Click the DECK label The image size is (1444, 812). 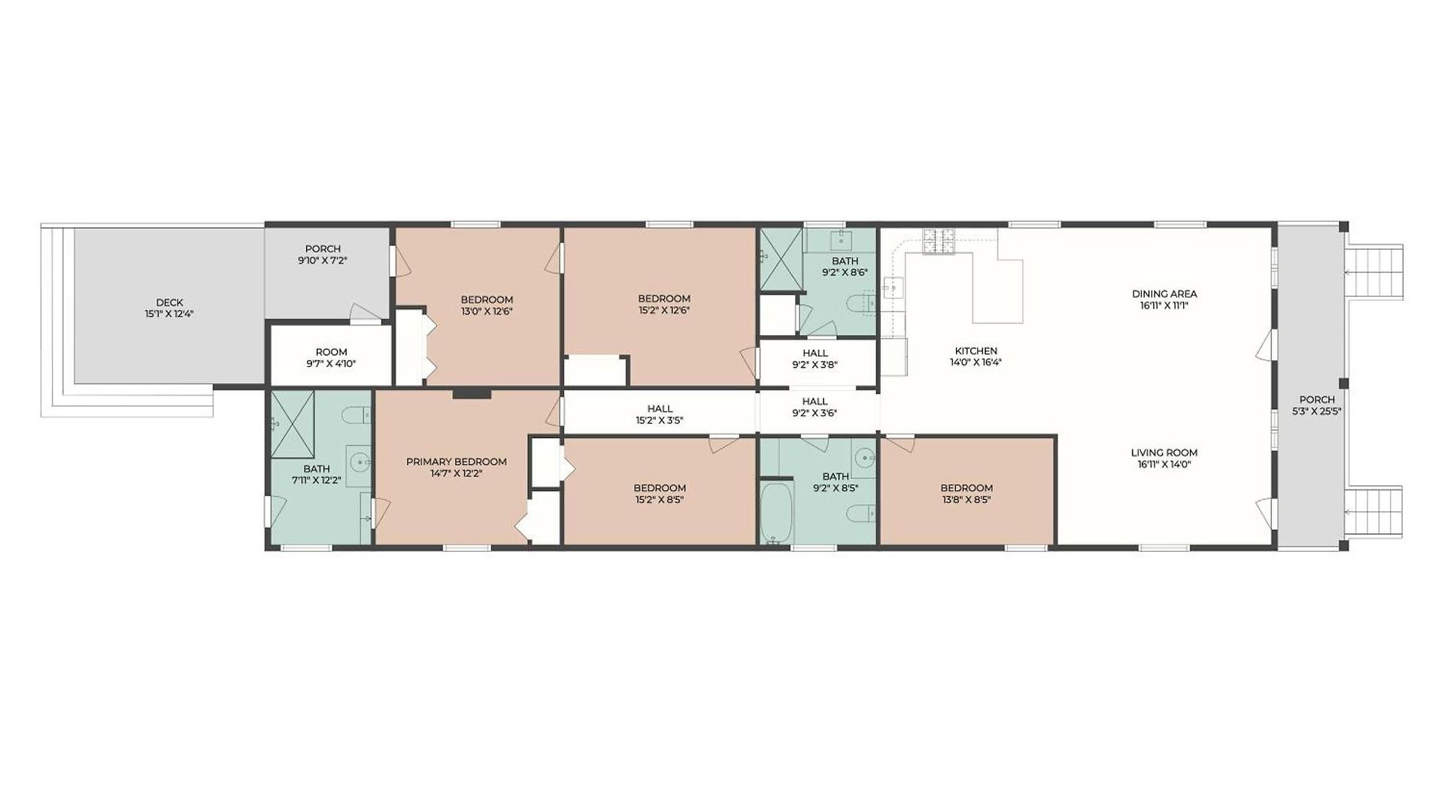point(169,302)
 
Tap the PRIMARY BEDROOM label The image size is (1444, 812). point(457,462)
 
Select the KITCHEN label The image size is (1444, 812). point(976,350)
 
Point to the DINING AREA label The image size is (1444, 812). point(1164,293)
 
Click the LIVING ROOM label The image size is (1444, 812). point(1164,453)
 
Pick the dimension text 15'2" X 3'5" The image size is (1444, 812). point(660,421)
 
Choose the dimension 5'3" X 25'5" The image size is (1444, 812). point(1317,411)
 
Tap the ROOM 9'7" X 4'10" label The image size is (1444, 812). point(331,358)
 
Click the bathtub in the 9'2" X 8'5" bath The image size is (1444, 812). point(776,514)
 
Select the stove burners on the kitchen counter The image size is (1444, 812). point(939,241)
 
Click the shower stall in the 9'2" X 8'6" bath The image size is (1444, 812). point(781,259)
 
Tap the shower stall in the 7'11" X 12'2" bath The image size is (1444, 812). point(293,424)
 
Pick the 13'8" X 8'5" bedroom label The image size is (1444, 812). point(966,493)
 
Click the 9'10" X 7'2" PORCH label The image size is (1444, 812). point(323,254)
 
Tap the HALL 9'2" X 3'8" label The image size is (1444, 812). point(815,359)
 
